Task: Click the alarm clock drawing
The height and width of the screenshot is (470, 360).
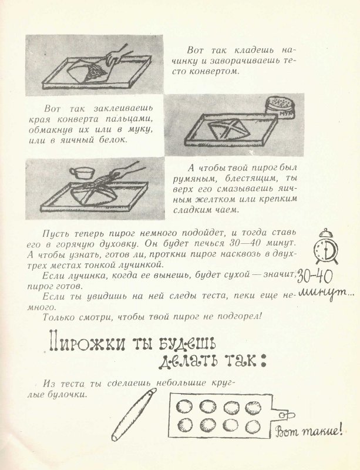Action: tap(327, 247)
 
